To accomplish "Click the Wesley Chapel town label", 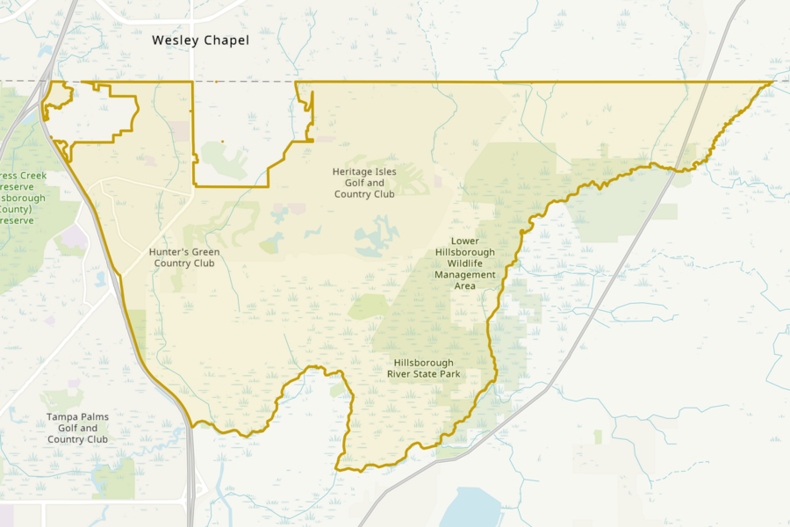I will point(200,40).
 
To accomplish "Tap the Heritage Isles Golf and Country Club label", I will point(363,183).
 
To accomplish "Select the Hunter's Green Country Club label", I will point(184,257).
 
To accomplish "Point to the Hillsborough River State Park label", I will point(423,368).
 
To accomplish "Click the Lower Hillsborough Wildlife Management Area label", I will point(465,263).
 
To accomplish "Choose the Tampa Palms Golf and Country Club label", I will point(78,428).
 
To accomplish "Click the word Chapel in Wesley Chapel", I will point(227,40).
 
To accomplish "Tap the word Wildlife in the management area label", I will point(465,263).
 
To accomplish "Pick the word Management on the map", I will point(465,275).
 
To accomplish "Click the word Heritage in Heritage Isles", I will point(353,171).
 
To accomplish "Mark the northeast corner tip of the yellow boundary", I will point(772,82).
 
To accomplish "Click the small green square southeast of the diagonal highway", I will point(598,437).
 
